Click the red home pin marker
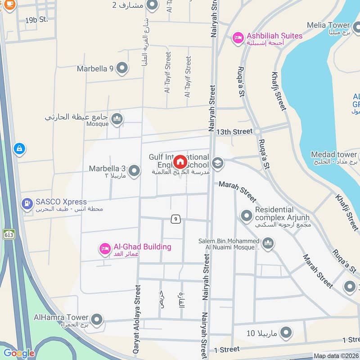pos(180,162)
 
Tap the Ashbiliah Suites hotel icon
pos(237,38)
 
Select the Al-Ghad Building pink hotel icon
pos(105,248)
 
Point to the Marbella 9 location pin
pos(122,68)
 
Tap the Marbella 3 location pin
pos(134,171)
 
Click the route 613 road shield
pos(8,234)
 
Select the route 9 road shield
pos(176,219)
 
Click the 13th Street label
pos(234,132)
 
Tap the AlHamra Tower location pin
pos(97,321)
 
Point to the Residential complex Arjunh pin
pos(246,216)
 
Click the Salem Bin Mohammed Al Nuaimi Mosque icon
pos(268,243)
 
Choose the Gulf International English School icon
pos(218,163)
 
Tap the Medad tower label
pos(333,155)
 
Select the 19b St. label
pos(36,20)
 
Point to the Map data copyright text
pos(336,356)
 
